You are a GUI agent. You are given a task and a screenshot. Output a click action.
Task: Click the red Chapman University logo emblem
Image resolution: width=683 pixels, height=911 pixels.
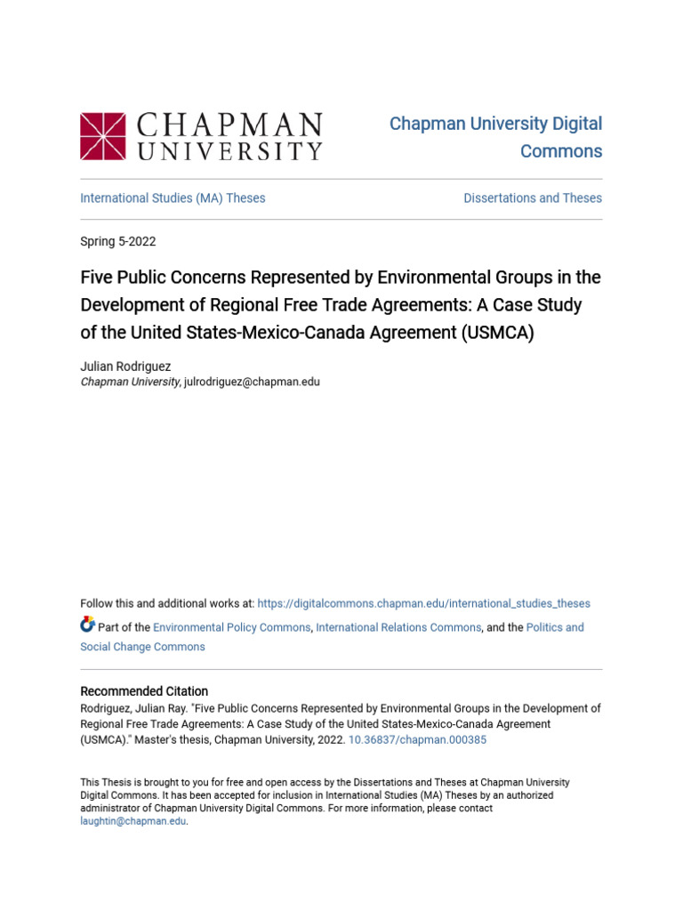pos(103,135)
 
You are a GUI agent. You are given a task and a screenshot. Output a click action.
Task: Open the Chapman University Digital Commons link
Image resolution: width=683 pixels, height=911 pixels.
pos(495,137)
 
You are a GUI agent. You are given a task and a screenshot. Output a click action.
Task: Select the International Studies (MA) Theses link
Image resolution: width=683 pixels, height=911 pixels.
pos(173,198)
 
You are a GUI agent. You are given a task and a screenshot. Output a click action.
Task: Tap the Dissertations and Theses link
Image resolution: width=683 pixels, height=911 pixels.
pos(533,198)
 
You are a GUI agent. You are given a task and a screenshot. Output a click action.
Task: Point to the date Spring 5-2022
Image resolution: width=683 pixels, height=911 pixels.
pos(118,241)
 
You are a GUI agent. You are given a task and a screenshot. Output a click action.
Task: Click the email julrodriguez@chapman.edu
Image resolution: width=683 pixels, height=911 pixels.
pos(252,382)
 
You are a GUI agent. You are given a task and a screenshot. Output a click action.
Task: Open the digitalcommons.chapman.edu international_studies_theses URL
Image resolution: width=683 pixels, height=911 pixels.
pos(423,603)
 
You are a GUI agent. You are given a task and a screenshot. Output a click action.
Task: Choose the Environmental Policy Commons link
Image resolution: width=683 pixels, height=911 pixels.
pos(231,627)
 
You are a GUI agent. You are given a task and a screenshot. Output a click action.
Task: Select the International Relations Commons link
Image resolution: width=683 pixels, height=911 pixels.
pos(398,627)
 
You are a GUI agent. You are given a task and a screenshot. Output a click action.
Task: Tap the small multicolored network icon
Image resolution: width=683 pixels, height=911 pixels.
pos(87,625)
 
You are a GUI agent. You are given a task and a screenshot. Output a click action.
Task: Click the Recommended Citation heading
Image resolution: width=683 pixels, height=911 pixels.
pos(144,691)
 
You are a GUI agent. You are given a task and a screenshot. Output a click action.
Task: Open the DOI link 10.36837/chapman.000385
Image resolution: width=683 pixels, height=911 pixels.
pos(417,739)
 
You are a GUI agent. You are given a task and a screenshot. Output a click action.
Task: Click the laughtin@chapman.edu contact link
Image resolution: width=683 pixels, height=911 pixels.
pos(133,821)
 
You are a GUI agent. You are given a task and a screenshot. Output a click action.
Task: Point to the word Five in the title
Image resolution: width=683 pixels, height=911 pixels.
pos(95,278)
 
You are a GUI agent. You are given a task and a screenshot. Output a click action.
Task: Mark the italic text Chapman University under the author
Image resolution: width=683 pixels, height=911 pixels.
pos(130,382)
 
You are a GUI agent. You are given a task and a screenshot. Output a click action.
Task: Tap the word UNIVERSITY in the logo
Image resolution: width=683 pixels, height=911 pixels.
pos(229,150)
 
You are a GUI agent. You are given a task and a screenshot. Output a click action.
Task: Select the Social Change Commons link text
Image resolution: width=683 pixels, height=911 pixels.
pos(142,647)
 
